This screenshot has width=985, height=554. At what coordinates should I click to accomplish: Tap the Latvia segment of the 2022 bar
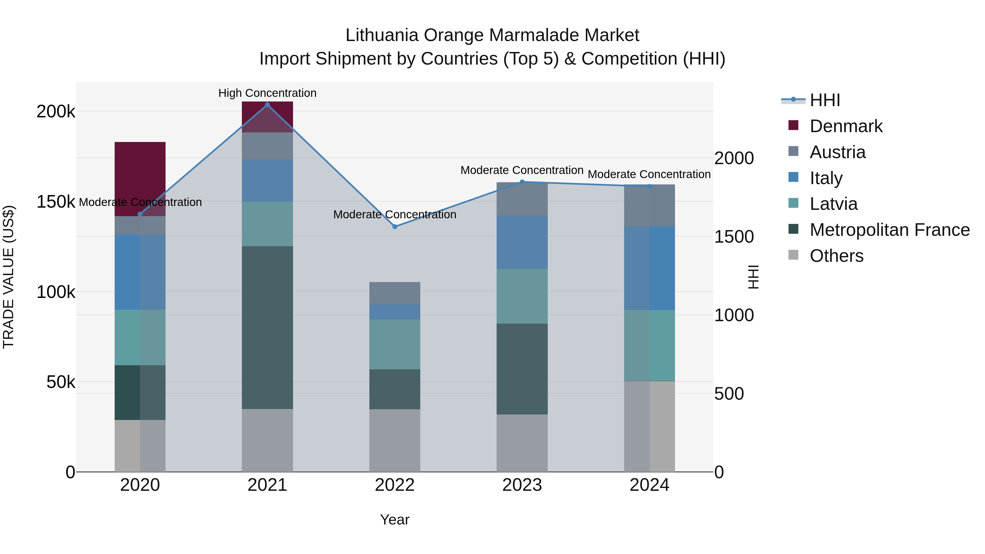tap(395, 344)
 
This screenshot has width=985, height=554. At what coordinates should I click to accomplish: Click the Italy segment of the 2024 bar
tap(649, 268)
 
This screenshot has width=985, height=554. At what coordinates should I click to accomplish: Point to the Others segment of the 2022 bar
tap(395, 440)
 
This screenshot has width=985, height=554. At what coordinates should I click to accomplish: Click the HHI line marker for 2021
tap(267, 105)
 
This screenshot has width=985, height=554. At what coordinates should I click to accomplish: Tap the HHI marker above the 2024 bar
tap(649, 187)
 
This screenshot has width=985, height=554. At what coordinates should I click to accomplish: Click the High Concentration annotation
tap(267, 93)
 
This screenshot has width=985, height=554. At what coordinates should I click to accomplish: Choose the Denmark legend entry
tap(846, 126)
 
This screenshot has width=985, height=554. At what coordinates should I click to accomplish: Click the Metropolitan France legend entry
tap(890, 230)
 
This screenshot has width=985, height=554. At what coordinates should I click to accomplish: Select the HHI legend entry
tap(825, 100)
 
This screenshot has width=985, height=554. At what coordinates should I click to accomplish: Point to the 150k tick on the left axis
tap(56, 202)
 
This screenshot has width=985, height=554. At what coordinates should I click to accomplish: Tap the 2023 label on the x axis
tap(522, 485)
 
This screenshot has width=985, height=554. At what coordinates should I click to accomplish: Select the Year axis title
tap(395, 520)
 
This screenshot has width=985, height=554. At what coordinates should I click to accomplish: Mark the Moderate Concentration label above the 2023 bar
tap(522, 170)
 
